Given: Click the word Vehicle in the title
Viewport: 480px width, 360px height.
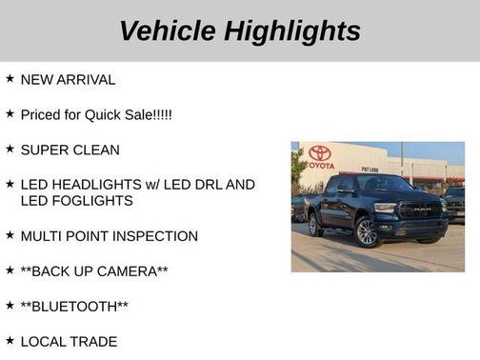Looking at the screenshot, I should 167,30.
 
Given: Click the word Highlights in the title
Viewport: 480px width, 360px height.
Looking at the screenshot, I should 291,30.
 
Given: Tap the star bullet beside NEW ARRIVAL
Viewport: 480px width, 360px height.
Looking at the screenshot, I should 10,79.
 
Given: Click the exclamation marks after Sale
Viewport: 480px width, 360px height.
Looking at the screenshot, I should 161,114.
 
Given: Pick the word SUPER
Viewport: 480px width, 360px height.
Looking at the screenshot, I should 44,150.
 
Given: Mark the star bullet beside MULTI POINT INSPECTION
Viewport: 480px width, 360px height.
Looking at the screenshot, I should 10,235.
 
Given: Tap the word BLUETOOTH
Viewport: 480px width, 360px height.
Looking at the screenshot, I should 74,307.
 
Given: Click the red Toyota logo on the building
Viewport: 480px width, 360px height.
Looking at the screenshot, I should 319,153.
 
